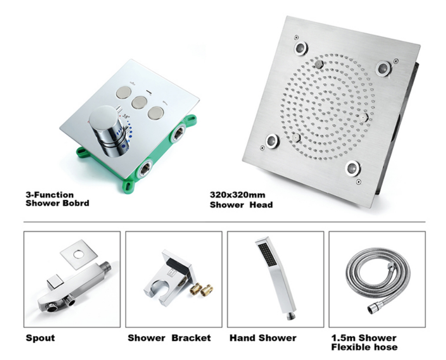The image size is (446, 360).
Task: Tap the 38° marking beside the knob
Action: [126, 116]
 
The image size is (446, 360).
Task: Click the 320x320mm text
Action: [238, 195]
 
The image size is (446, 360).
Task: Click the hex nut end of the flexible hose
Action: [373, 308]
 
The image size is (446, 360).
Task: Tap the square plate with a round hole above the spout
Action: [79, 254]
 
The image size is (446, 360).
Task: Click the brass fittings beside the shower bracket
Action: [201, 290]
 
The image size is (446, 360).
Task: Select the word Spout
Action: [40, 338]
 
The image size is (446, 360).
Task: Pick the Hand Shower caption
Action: [263, 338]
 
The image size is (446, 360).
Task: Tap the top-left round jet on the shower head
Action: [301, 48]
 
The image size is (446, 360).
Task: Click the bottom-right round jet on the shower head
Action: [353, 168]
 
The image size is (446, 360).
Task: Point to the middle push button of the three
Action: [139, 102]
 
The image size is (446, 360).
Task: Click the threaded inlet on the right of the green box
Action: [178, 133]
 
